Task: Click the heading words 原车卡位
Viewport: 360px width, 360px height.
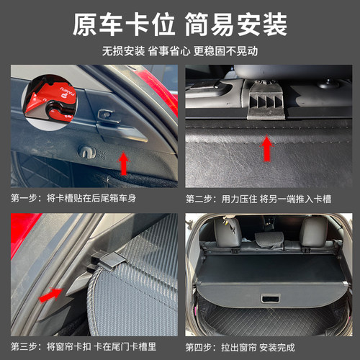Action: [123, 26]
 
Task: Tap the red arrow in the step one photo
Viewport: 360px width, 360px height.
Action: [124, 163]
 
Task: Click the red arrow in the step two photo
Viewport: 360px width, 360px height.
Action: [267, 149]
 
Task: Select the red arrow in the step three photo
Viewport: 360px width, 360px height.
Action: [50, 296]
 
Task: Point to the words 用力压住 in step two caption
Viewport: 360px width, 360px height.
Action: [238, 198]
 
